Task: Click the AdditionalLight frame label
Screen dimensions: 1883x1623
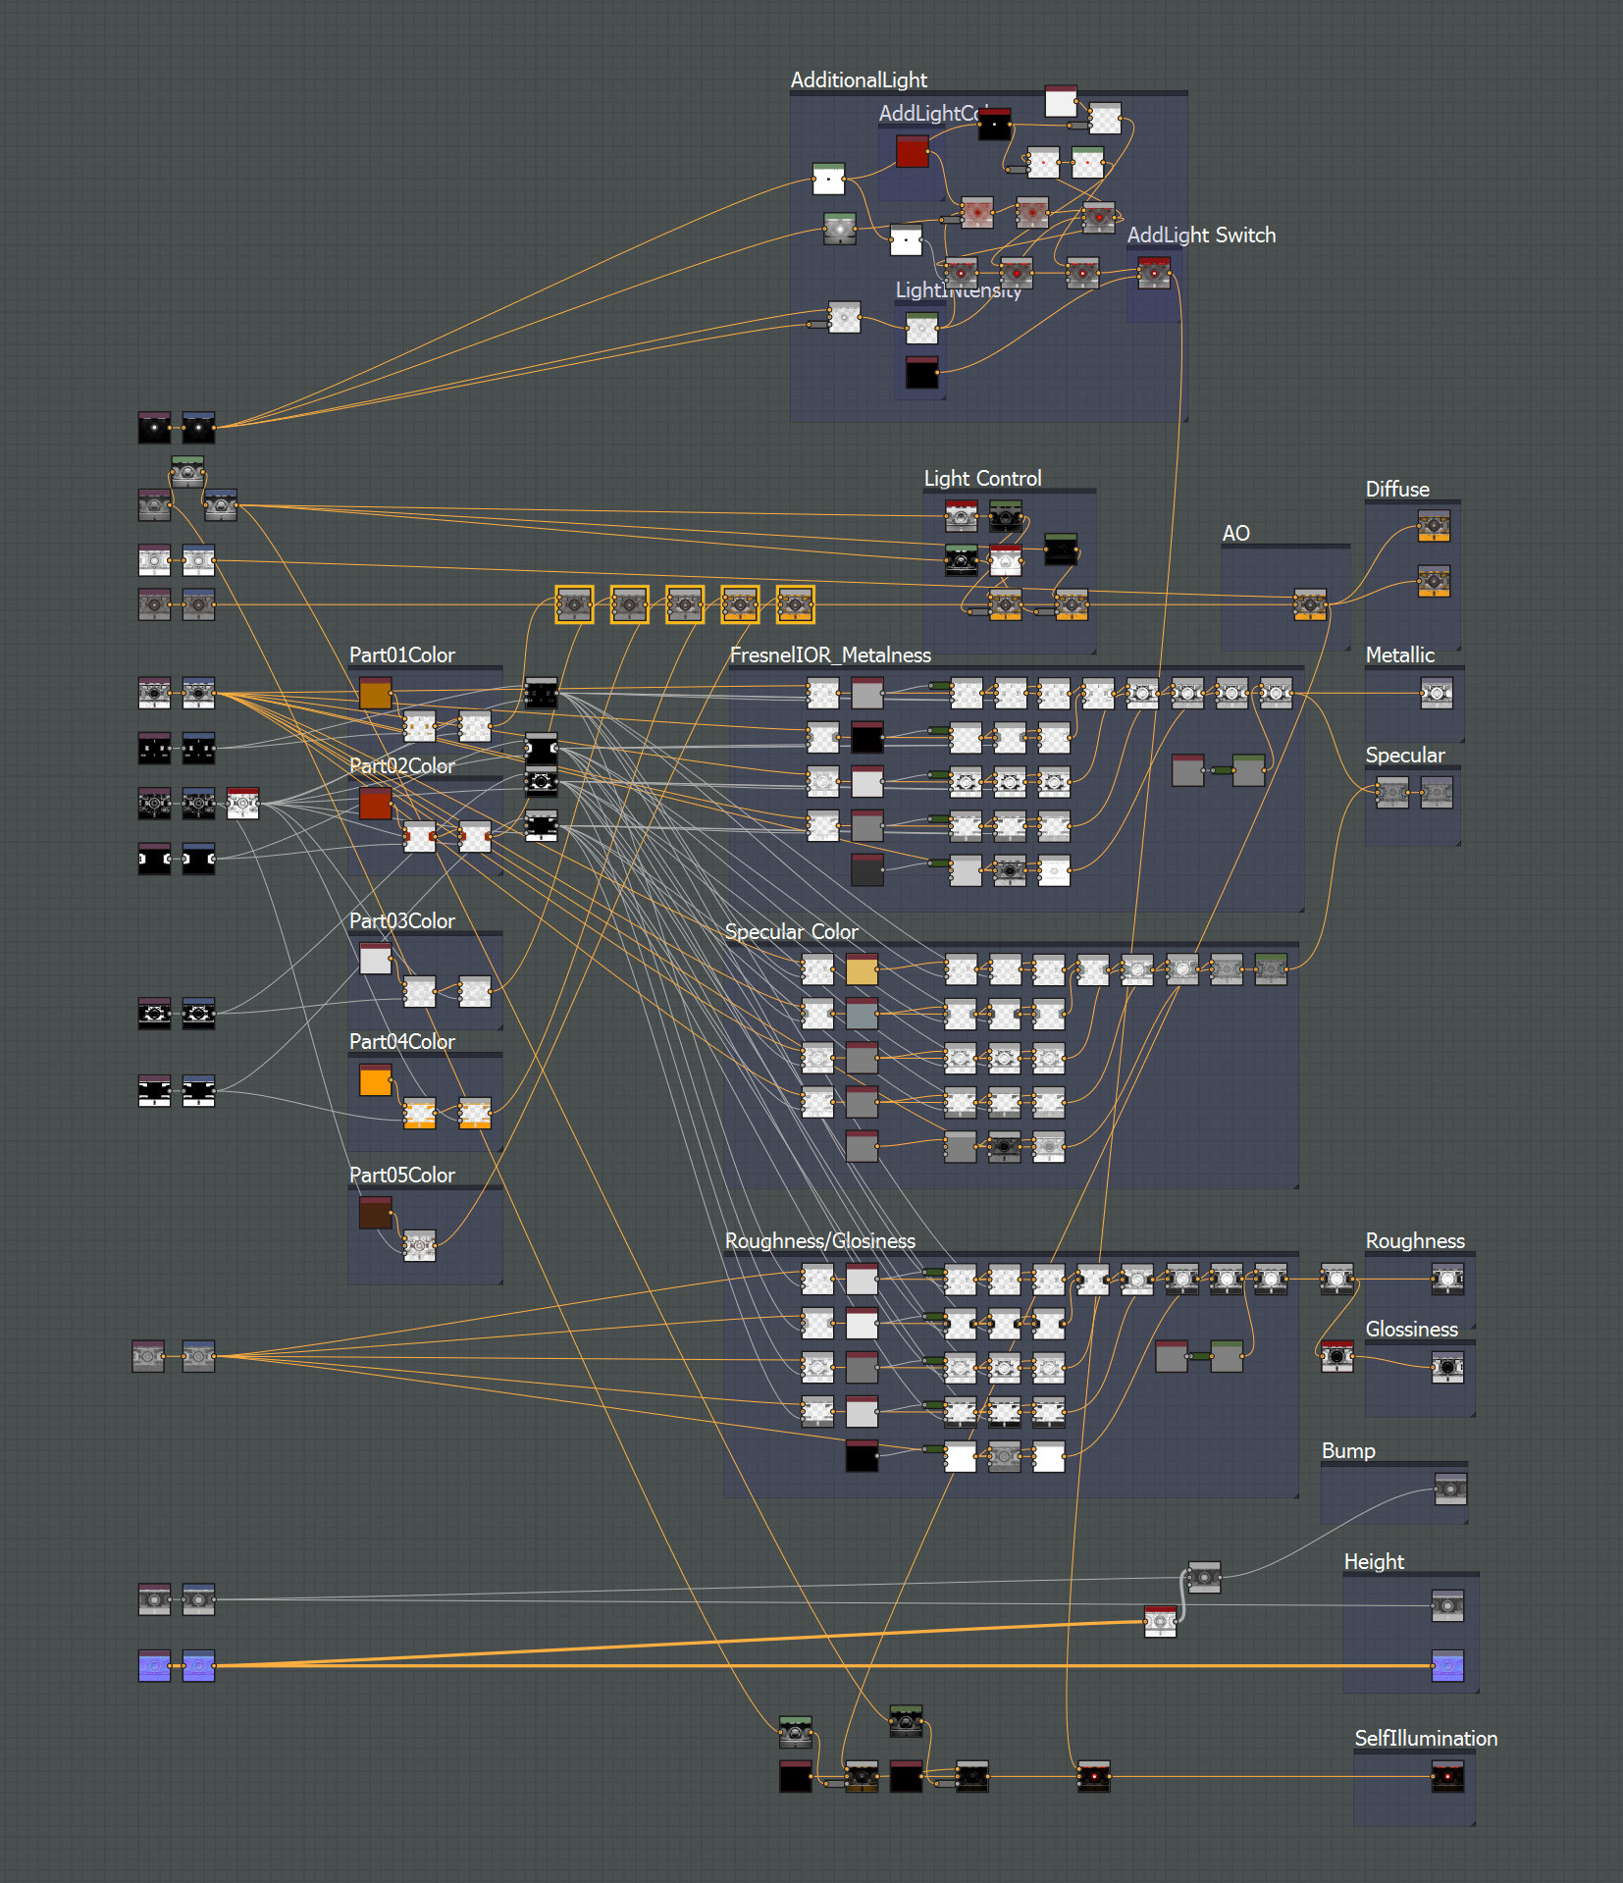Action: click(859, 80)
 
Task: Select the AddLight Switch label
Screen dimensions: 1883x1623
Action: click(1201, 235)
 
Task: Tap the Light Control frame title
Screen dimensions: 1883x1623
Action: click(982, 479)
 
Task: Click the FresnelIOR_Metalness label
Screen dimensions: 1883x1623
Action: click(830, 655)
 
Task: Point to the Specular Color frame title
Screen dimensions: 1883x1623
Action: click(791, 932)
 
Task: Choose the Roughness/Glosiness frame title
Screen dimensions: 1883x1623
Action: click(819, 1241)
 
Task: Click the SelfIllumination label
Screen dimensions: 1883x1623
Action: click(1426, 1739)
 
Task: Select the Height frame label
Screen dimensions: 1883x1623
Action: click(1374, 1562)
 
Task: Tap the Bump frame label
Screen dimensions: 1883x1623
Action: click(1348, 1451)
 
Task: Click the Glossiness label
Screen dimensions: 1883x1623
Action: click(1411, 1330)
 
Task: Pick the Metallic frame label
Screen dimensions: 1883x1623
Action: click(1399, 655)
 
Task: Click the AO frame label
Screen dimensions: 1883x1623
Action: click(1235, 534)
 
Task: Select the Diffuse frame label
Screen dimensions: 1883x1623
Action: click(1397, 490)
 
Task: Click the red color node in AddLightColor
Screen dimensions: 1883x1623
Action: click(912, 151)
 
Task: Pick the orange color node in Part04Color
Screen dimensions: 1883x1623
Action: click(375, 1081)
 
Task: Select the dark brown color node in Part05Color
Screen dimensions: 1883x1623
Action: click(375, 1214)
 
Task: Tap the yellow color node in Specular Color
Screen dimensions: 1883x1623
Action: click(862, 970)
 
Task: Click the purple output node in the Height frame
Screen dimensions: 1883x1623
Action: click(1447, 1666)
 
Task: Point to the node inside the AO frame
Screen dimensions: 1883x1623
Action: click(1310, 604)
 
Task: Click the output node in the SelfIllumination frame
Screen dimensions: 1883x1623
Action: click(1447, 1777)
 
